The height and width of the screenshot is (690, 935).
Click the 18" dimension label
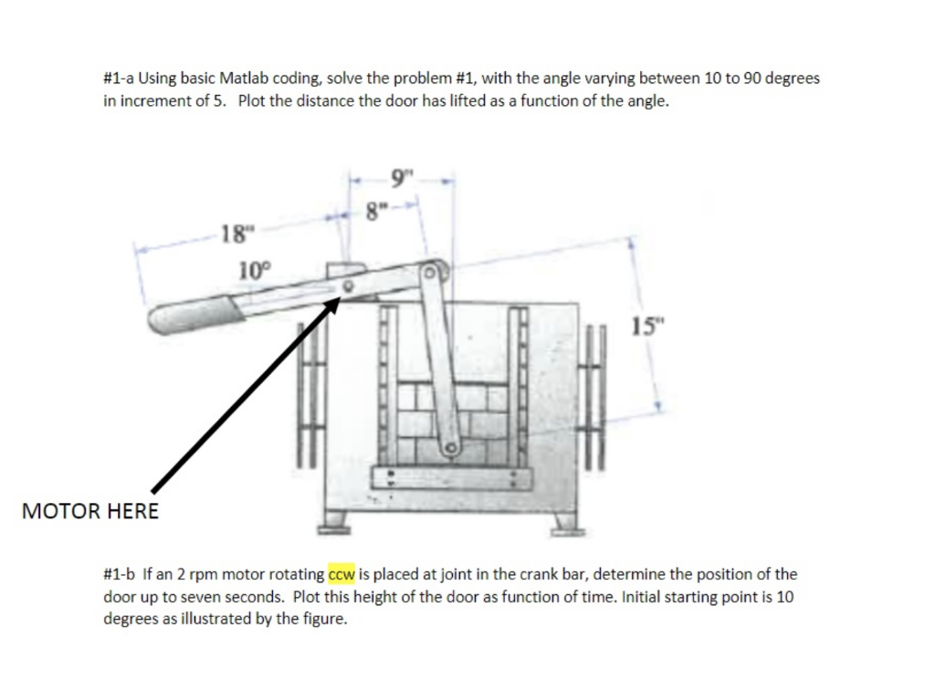pos(236,233)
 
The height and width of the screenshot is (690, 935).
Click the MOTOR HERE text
pos(89,511)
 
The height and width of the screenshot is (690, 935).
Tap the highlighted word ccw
pos(341,575)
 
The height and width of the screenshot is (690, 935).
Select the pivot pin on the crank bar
pos(348,287)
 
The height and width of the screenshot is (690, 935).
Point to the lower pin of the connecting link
pos(449,448)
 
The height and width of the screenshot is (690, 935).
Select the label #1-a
pos(118,78)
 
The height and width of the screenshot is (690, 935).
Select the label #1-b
pos(119,575)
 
